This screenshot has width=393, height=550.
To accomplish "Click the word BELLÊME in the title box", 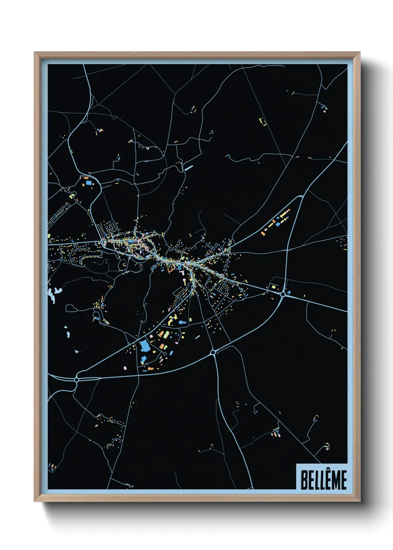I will [x=323, y=480].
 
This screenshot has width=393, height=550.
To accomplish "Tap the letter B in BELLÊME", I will [x=303, y=480].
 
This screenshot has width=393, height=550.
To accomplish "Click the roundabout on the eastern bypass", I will [x=283, y=294].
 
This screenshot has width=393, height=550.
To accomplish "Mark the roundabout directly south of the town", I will [x=213, y=352].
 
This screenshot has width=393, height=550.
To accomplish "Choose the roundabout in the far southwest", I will [x=77, y=379].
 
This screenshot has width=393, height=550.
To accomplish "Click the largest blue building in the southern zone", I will [x=144, y=347].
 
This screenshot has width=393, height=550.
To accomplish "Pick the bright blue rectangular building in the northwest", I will [x=89, y=183].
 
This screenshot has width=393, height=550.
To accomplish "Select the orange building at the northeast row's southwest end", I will [x=263, y=233].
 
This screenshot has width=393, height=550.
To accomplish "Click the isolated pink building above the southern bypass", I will [x=125, y=368].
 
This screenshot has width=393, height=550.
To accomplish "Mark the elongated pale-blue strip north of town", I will [x=189, y=168].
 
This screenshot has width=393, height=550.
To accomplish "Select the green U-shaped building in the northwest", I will [x=72, y=195].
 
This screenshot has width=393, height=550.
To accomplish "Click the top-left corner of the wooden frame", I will [x=35, y=53].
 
